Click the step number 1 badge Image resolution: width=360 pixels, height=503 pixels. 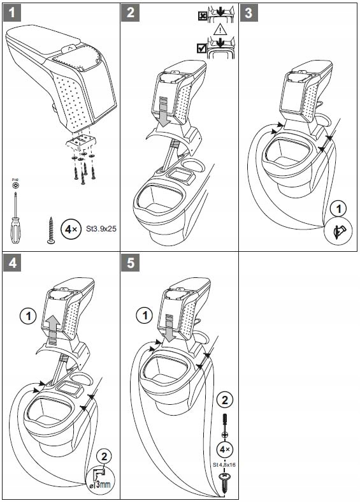point(12,13)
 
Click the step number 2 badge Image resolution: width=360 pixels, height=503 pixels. point(130,13)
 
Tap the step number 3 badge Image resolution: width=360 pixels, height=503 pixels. point(248,13)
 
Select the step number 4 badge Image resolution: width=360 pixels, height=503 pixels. point(12,263)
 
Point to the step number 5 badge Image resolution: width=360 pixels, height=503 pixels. point(130,263)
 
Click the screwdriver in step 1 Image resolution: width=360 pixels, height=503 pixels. point(15,217)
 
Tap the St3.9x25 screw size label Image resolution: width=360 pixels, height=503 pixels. point(101,229)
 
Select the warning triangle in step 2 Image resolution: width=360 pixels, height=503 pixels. point(220,30)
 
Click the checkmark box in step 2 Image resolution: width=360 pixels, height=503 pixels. point(201,48)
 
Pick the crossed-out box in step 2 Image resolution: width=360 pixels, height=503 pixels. point(203,16)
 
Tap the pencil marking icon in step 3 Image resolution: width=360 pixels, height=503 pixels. point(338,231)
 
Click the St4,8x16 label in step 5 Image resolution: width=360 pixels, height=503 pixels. point(224,465)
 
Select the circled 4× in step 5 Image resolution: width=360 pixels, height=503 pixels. point(224,449)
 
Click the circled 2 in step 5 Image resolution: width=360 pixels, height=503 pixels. point(225,400)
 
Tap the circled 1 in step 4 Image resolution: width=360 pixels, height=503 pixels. point(28,317)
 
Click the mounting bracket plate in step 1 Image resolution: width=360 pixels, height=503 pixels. point(82,141)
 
